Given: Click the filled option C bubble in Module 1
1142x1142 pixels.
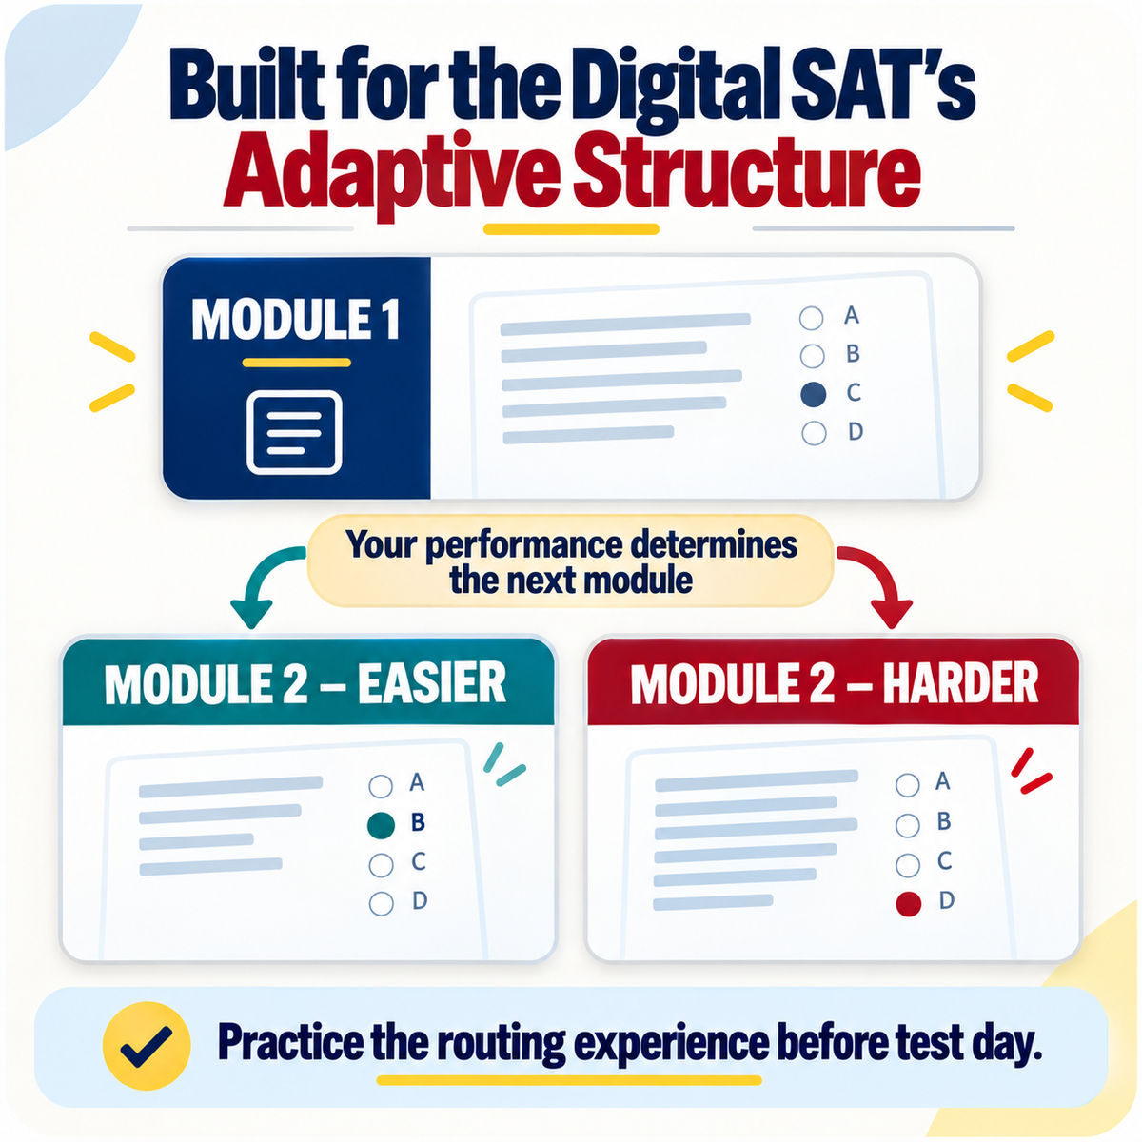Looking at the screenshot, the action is coord(813,395).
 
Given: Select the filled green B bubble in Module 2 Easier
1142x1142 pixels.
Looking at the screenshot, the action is coord(381,825).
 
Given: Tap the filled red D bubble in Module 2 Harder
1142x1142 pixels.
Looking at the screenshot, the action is coord(908,904).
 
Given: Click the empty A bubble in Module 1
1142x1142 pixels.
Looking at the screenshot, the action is coord(811,318).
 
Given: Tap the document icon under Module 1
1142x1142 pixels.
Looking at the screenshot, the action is coord(294,433).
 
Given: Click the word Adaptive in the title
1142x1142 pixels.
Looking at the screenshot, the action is coord(391,172).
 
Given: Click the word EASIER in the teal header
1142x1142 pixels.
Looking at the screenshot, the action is coord(432,683).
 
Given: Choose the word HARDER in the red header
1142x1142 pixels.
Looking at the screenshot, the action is coord(960,684).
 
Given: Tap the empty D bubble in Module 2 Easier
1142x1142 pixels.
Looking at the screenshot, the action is coord(381,904).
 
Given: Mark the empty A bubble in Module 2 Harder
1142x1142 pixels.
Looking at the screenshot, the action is coord(907,784).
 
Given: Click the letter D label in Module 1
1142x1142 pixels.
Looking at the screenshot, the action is coord(856,431).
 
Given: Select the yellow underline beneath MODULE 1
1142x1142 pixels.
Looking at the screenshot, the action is coord(296,363).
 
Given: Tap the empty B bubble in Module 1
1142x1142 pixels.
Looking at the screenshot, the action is coord(812,356).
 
